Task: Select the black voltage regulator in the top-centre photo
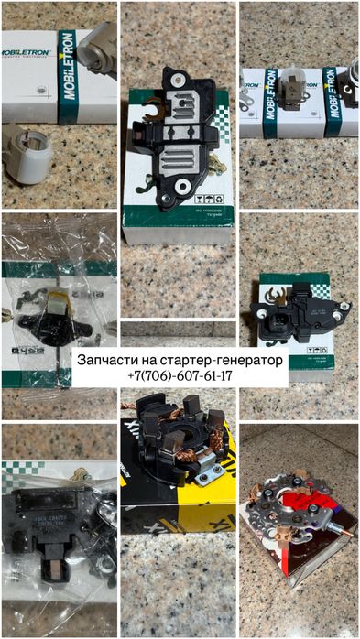pyautogui.click(x=175, y=137)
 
